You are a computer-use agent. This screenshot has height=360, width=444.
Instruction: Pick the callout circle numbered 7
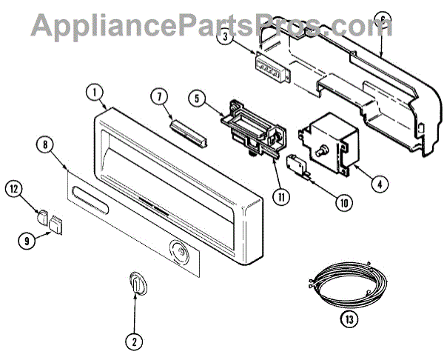(x=158, y=96)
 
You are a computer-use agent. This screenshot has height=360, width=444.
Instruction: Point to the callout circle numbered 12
(x=15, y=190)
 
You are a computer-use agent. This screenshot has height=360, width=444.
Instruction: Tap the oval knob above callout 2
(x=135, y=282)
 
